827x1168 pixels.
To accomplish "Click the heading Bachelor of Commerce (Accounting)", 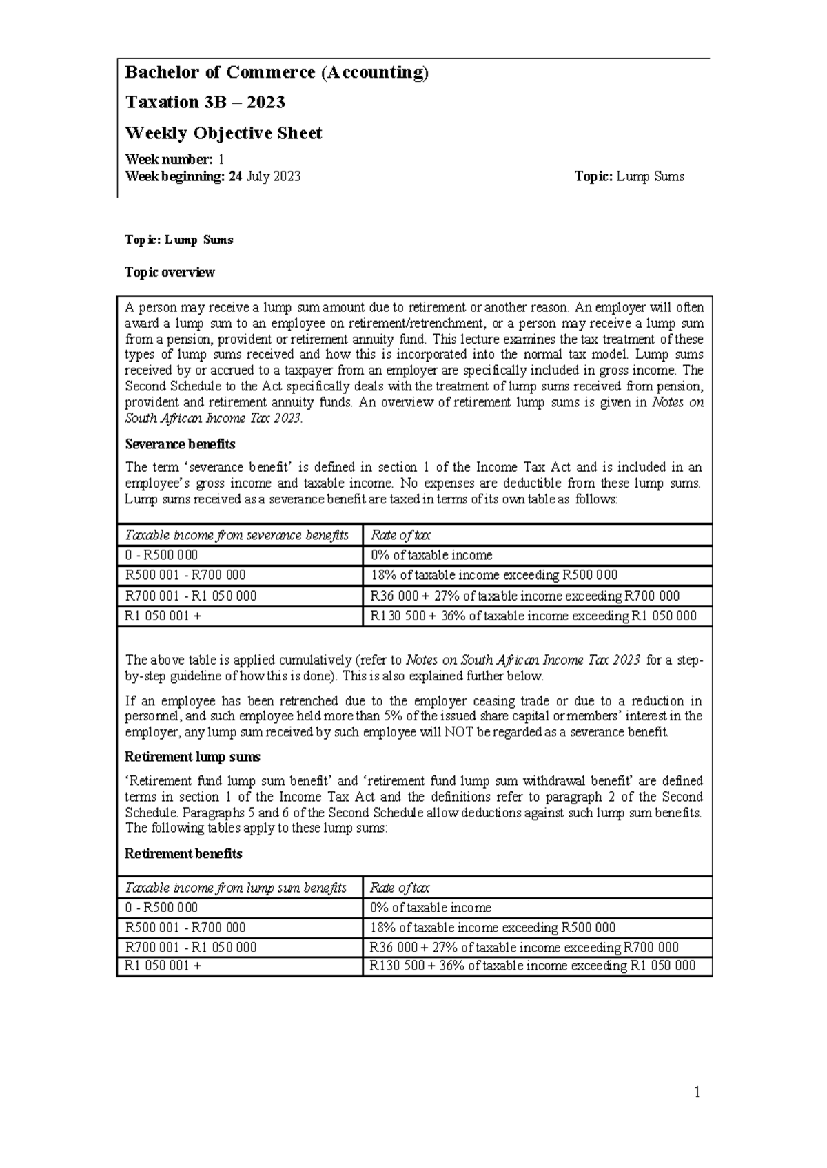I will pos(276,73).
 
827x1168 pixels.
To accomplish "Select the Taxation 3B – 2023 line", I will pos(205,103).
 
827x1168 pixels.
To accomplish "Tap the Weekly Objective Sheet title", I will pos(223,133).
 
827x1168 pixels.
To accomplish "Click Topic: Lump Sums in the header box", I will pos(629,176).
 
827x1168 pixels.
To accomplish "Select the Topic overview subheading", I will pos(170,272).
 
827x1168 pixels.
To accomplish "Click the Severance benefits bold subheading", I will pos(179,444).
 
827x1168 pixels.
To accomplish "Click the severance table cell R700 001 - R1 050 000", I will pos(190,596).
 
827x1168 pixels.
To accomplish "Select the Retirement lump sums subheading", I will pos(192,757).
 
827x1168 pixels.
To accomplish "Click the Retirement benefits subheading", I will pos(183,853).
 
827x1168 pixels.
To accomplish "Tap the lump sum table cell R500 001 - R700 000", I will pos(185,928).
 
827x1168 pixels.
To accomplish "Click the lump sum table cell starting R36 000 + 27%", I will pos(524,948).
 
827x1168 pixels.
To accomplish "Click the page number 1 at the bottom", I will pos(697,1092).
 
